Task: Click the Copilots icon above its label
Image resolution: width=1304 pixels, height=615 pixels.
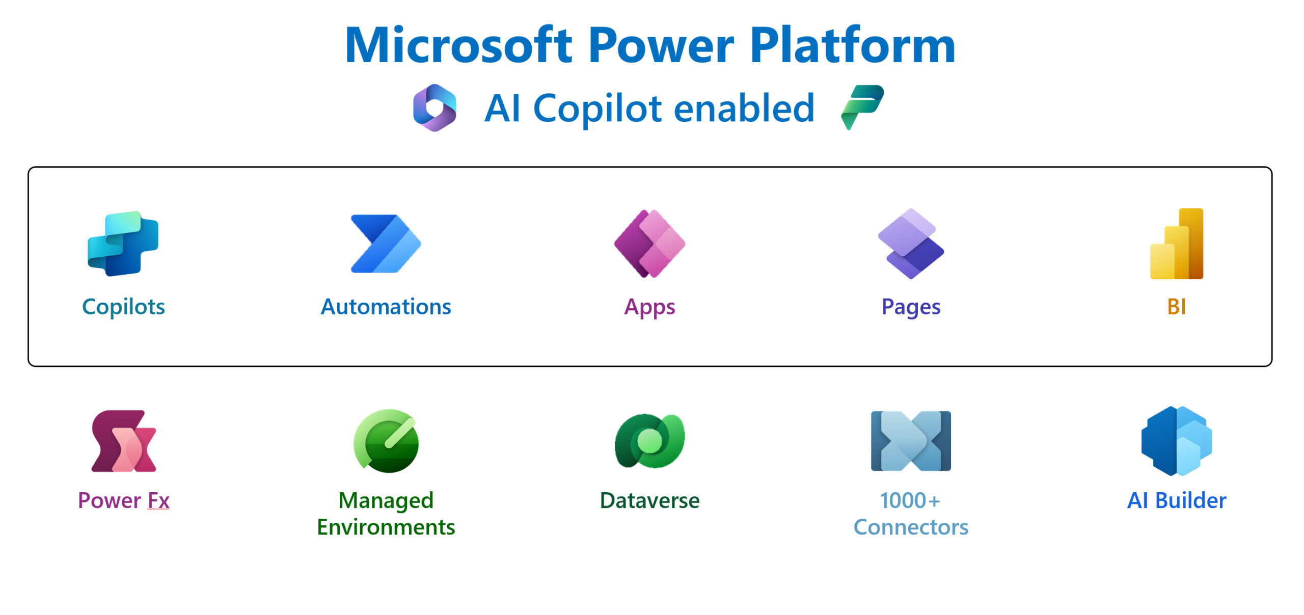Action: (123, 244)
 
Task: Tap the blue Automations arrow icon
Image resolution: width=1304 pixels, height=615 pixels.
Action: (385, 244)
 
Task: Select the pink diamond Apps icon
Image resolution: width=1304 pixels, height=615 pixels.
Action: (649, 244)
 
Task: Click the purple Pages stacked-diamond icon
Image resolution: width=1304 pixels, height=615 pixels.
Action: (911, 244)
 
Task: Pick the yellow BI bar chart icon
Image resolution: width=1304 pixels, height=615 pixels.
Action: (1177, 244)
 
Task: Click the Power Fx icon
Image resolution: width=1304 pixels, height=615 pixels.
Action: (124, 441)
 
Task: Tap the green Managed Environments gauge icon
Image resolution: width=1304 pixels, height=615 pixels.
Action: (386, 441)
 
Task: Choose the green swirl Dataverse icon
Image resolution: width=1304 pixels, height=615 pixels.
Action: (649, 441)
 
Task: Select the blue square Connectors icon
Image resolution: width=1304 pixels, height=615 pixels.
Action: (911, 441)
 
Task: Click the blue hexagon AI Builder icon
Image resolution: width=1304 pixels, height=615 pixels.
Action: (1177, 441)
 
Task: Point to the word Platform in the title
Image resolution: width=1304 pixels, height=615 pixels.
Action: (852, 46)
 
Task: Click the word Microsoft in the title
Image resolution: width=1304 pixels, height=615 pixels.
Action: (458, 46)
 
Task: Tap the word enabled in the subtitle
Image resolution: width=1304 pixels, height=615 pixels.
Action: (744, 109)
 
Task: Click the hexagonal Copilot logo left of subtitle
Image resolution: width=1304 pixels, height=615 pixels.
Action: (434, 108)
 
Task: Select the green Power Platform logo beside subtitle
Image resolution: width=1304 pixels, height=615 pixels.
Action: (862, 107)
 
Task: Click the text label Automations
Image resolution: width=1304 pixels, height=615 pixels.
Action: (386, 307)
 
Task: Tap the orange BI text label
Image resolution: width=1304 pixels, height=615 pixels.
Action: (1177, 307)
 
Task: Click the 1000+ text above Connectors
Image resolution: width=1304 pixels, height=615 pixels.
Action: (910, 500)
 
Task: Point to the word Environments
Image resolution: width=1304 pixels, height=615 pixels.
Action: (386, 527)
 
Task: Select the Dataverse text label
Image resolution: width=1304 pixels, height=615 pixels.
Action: (649, 500)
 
